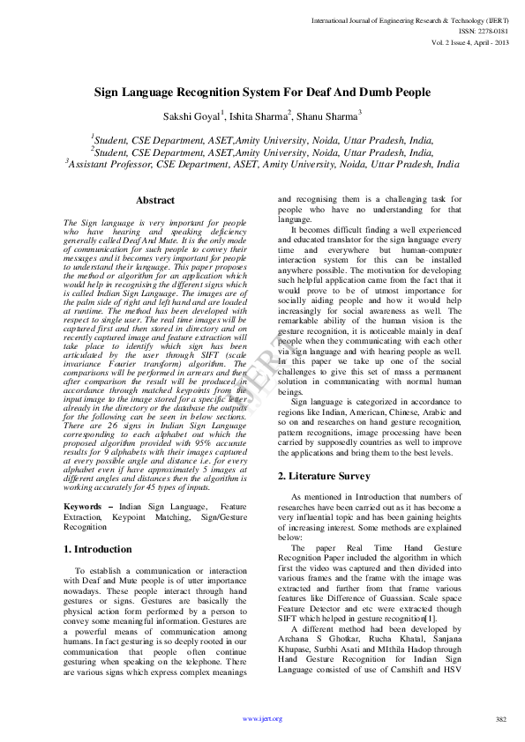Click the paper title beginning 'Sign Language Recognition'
263,92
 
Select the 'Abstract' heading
154,201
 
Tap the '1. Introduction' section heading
98,549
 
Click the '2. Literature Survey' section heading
323,476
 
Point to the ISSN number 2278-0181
491,30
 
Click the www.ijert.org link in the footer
262,718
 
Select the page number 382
501,719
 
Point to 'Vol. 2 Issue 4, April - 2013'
470,41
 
